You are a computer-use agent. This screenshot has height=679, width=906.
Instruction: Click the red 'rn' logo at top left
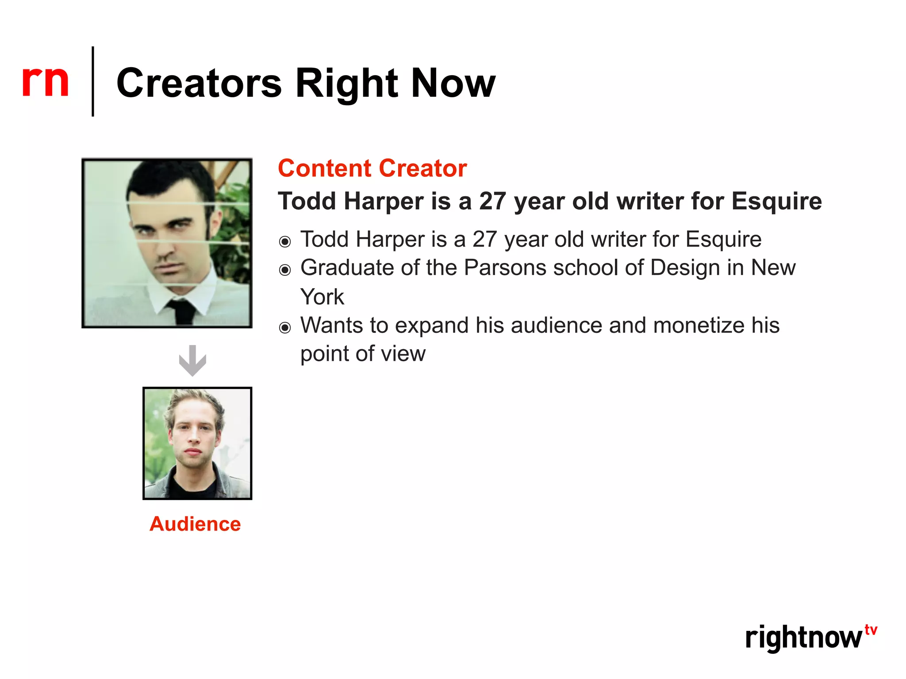click(x=45, y=81)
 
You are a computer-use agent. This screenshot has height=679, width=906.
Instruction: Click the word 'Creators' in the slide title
click(x=199, y=84)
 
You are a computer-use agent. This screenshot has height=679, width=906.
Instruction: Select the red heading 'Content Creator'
click(x=372, y=168)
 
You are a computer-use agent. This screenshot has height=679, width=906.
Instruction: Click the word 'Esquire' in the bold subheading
click(x=776, y=201)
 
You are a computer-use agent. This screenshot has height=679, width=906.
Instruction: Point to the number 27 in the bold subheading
click(x=492, y=201)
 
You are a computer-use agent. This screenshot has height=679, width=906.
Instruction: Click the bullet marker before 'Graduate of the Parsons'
click(x=285, y=270)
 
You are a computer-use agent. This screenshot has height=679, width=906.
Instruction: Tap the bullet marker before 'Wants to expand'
click(x=285, y=328)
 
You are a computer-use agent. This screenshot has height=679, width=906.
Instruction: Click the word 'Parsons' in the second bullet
click(x=505, y=268)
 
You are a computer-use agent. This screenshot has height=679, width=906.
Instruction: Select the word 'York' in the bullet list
click(x=322, y=297)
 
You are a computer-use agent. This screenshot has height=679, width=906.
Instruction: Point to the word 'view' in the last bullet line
click(x=407, y=354)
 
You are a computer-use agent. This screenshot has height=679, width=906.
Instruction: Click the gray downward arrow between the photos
click(x=192, y=360)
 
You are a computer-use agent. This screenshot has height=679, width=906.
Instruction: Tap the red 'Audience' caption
click(x=195, y=524)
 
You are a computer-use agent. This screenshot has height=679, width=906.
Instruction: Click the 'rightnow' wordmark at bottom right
click(x=803, y=638)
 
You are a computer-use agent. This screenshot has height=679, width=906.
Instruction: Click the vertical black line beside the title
click(x=93, y=81)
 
